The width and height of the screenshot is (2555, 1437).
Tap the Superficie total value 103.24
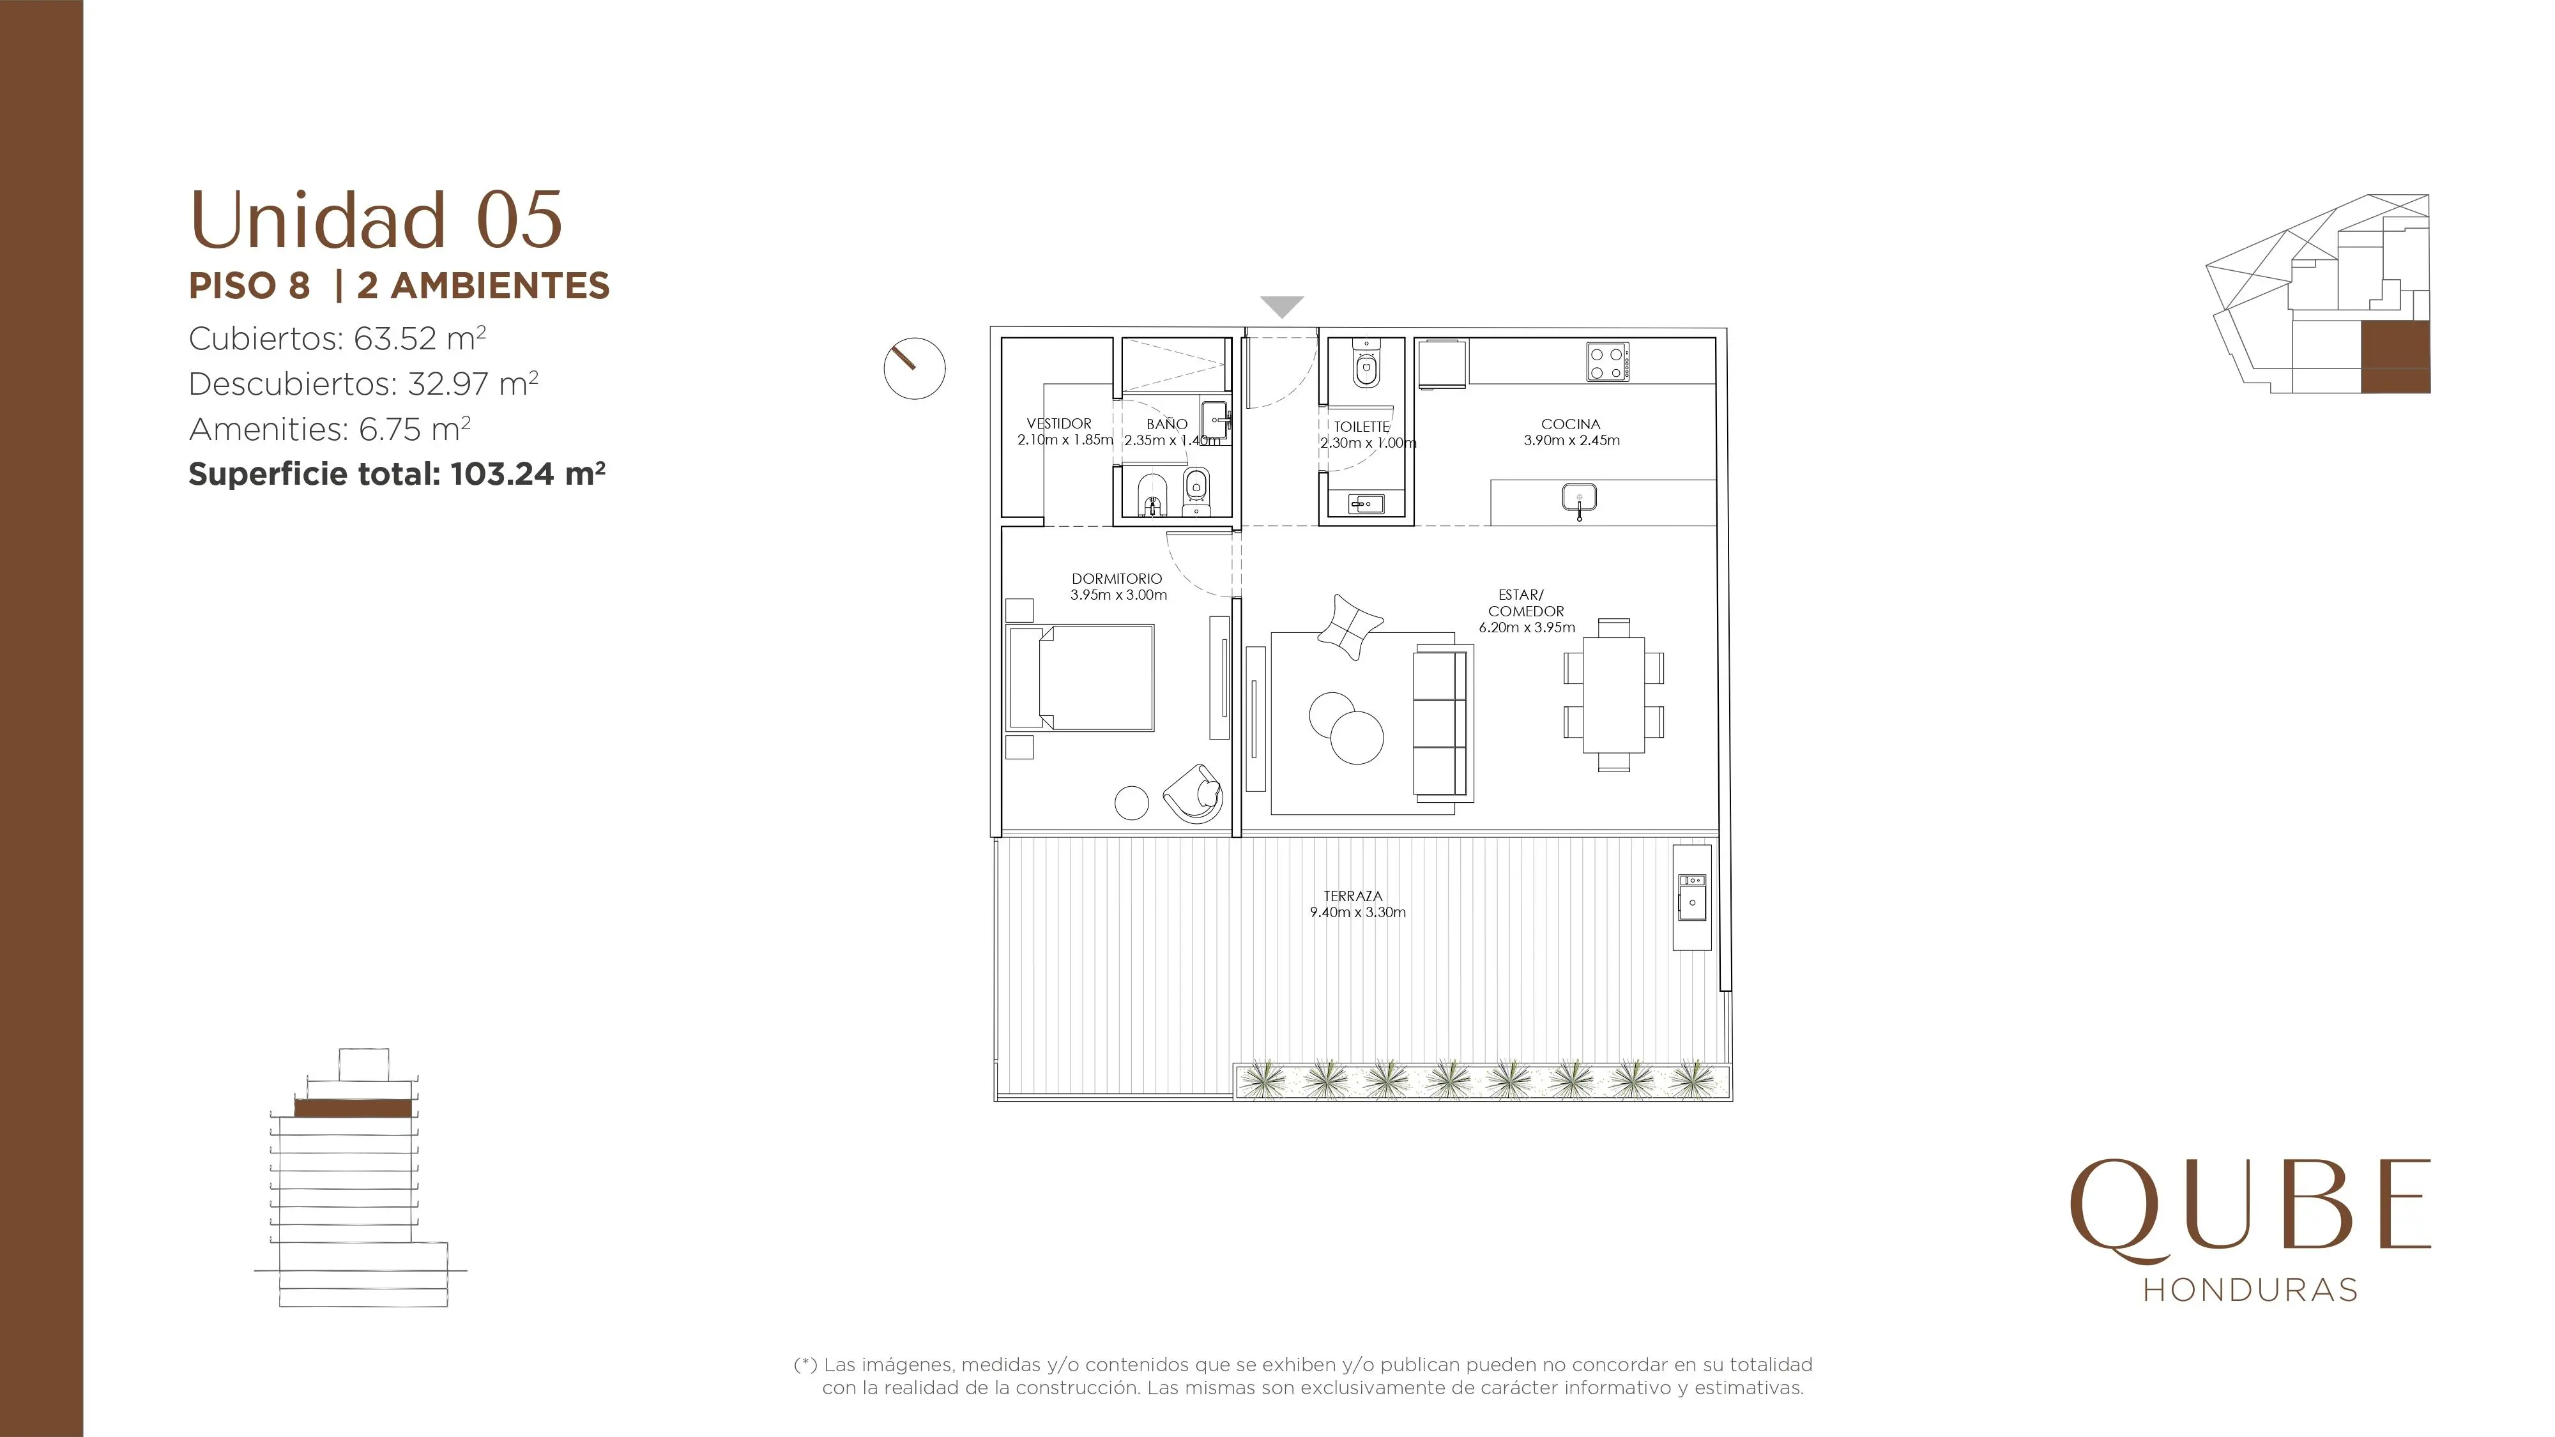[502, 474]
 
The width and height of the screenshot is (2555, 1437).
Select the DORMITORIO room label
[1117, 578]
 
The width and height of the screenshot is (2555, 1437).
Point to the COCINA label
[1571, 423]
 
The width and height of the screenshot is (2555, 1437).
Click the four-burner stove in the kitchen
[1607, 362]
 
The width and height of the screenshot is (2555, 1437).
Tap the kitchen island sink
[1578, 499]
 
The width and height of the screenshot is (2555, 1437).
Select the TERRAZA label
[1353, 895]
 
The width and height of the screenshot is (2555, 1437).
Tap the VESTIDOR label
[1059, 423]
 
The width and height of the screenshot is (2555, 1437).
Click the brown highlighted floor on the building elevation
[353, 1107]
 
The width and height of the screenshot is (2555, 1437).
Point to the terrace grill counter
[1692, 897]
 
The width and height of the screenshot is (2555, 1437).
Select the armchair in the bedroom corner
[1193, 793]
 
